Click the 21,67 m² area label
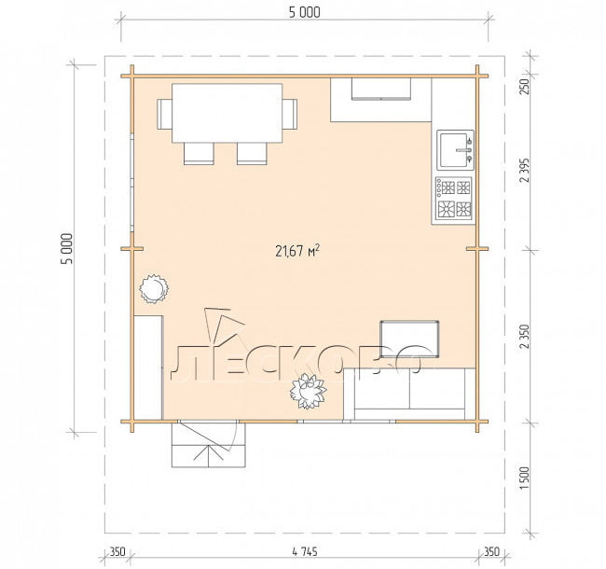(x=297, y=251)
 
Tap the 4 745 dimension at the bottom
(x=305, y=551)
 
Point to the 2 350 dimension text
(x=525, y=337)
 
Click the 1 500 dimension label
(x=525, y=479)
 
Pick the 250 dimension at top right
(x=525, y=87)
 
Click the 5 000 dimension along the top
(x=305, y=12)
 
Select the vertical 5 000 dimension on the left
(x=66, y=248)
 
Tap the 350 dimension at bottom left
(x=117, y=551)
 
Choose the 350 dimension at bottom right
(x=491, y=551)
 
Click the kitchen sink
(x=455, y=149)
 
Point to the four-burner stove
(x=454, y=199)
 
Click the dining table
(x=227, y=113)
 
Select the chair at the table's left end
(x=164, y=114)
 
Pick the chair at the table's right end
(x=290, y=114)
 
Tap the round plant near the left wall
(x=154, y=289)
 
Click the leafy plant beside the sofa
(x=308, y=391)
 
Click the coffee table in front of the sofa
(x=409, y=339)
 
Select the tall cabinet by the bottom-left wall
(x=147, y=368)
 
